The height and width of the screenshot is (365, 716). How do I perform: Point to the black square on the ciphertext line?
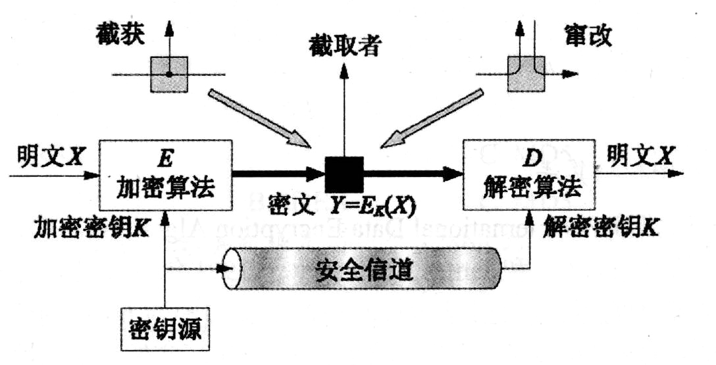[344, 174]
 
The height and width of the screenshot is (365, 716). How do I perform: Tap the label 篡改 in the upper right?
[588, 35]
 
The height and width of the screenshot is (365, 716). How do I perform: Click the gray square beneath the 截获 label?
[169, 74]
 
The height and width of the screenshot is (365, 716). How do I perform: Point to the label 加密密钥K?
[91, 228]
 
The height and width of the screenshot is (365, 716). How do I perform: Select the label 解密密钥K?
[598, 226]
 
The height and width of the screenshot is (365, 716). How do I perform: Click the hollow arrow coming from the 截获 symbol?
[260, 118]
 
